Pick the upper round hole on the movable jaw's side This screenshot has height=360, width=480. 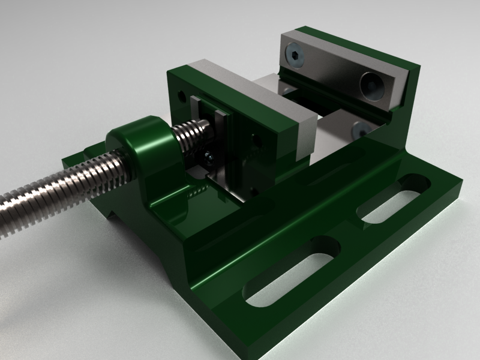(x=257, y=141)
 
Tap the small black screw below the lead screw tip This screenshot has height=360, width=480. (x=208, y=157)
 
